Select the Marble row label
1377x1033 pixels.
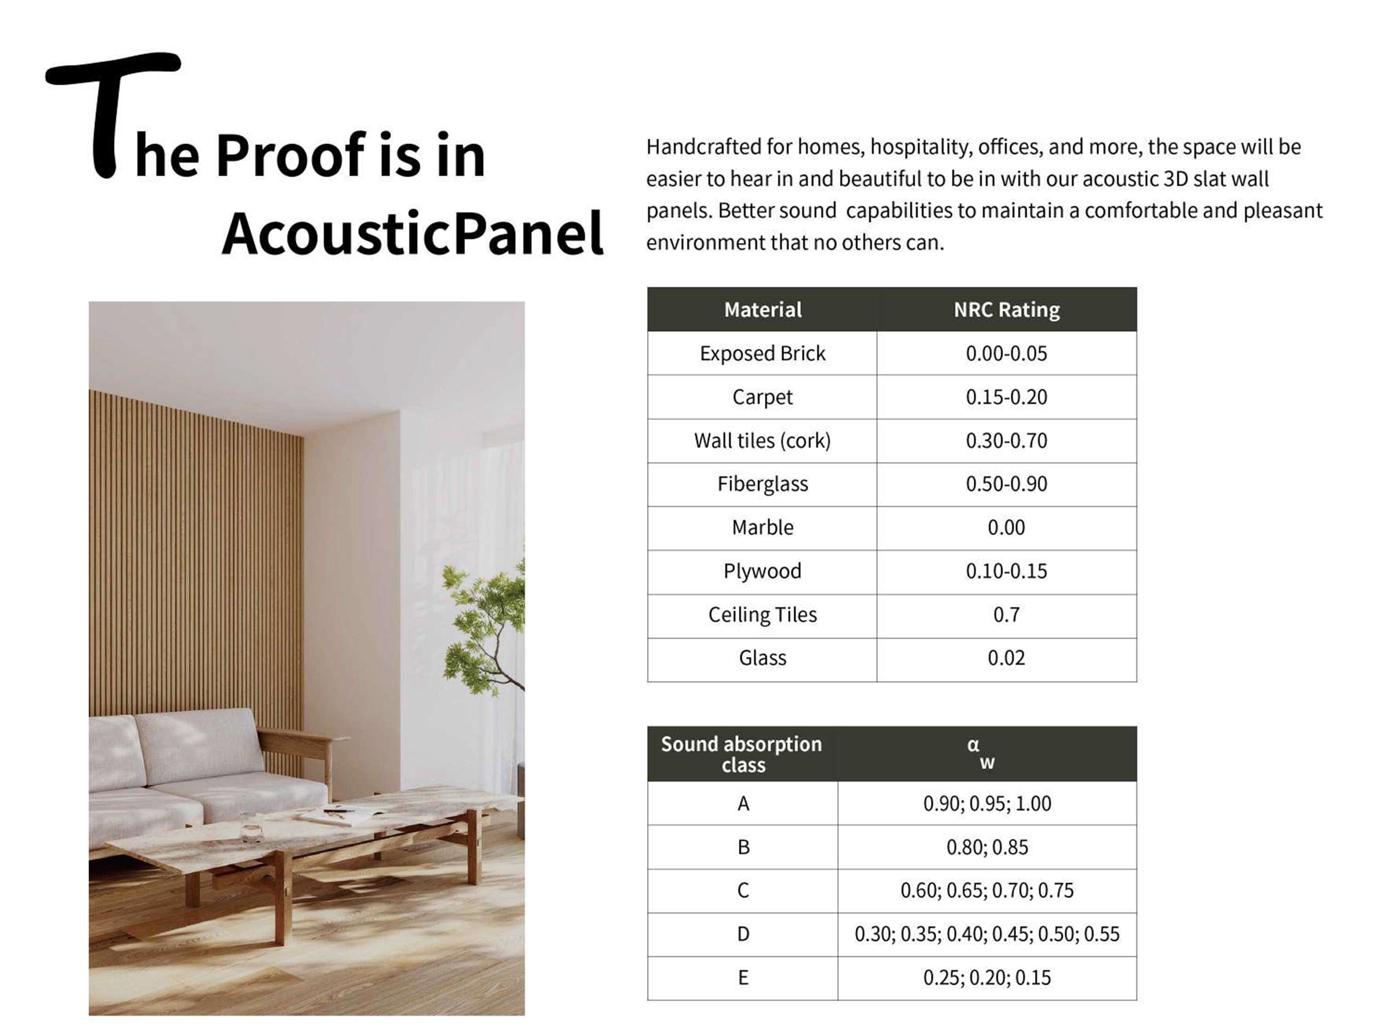point(763,527)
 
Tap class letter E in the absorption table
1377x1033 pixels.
point(743,978)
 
